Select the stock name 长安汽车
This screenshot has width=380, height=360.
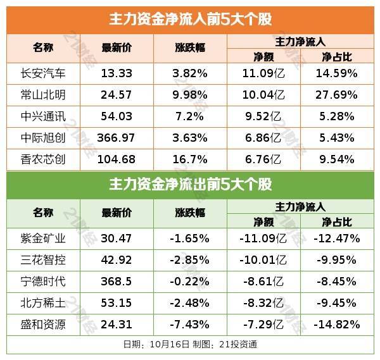(x=43, y=73)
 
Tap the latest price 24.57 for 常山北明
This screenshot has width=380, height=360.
(x=117, y=95)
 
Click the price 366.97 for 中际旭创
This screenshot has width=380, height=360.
(x=117, y=138)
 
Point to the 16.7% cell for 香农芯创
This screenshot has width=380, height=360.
(x=190, y=159)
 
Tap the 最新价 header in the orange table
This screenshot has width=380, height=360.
(x=117, y=49)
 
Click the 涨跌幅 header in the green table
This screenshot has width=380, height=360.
(x=190, y=213)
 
